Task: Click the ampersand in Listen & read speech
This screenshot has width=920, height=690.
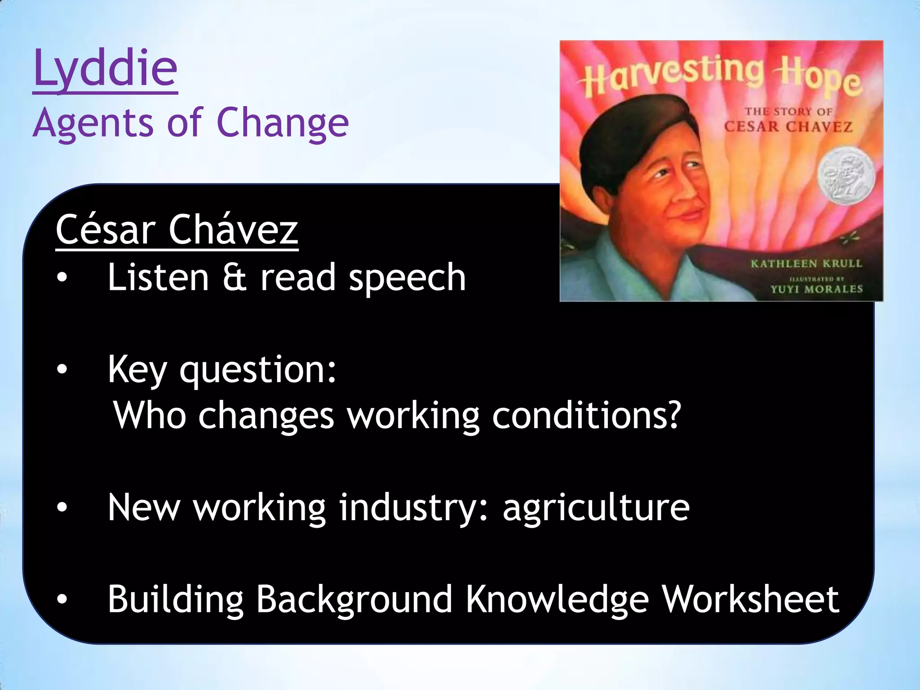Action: tap(234, 277)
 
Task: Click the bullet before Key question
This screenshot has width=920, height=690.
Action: tap(62, 369)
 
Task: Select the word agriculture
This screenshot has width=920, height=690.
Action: tap(596, 508)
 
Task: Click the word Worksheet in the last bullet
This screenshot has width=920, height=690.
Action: tap(751, 599)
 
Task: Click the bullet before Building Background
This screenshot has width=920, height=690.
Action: tap(62, 599)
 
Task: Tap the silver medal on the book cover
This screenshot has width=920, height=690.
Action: tap(846, 174)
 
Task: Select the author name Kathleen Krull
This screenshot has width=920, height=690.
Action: tap(806, 264)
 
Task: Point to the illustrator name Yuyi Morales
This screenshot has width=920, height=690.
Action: tap(816, 289)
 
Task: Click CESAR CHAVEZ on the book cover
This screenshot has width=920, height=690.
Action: tap(788, 127)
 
